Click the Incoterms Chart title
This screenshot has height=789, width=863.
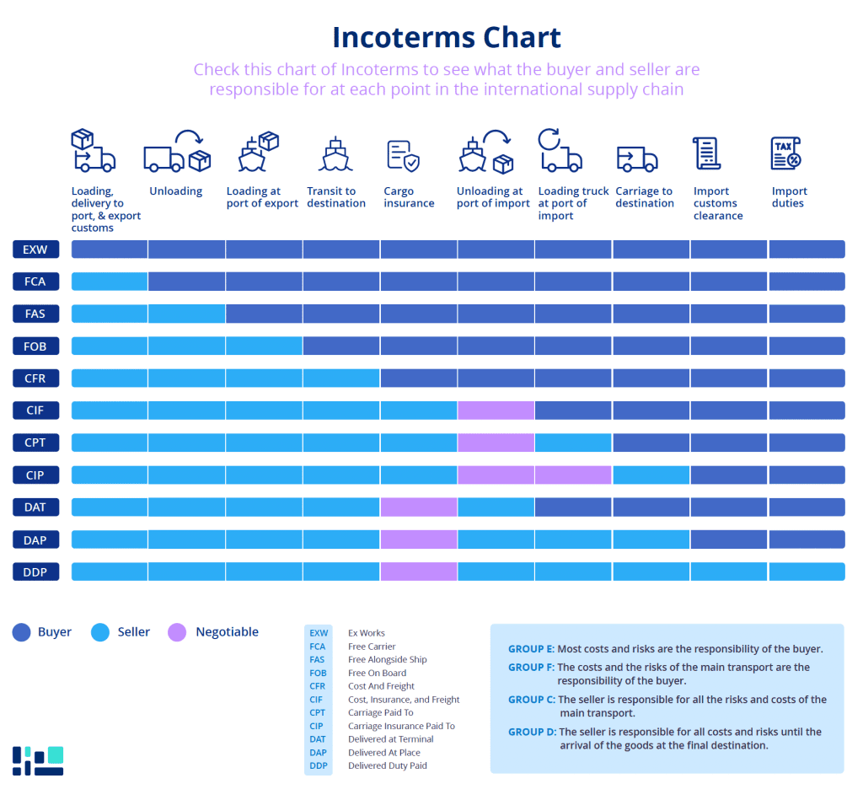(446, 38)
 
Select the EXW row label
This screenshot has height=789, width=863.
(35, 249)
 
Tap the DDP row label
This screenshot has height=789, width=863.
(35, 572)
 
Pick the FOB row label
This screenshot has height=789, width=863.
(35, 346)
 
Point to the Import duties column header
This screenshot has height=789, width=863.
(789, 197)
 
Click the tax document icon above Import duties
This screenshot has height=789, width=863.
(785, 153)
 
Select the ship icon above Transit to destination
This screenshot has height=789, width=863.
(335, 153)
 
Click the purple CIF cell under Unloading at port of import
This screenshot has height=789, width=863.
(496, 411)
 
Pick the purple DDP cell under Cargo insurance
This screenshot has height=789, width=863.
(419, 572)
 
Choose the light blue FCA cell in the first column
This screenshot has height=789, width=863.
(110, 282)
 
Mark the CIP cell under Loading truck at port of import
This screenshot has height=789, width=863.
(573, 475)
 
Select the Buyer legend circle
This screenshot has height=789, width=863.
(22, 632)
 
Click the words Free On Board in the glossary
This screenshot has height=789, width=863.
(377, 673)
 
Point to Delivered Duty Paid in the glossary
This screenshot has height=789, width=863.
(387, 765)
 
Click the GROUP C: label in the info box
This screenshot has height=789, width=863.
(531, 700)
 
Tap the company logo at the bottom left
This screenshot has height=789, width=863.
(38, 760)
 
